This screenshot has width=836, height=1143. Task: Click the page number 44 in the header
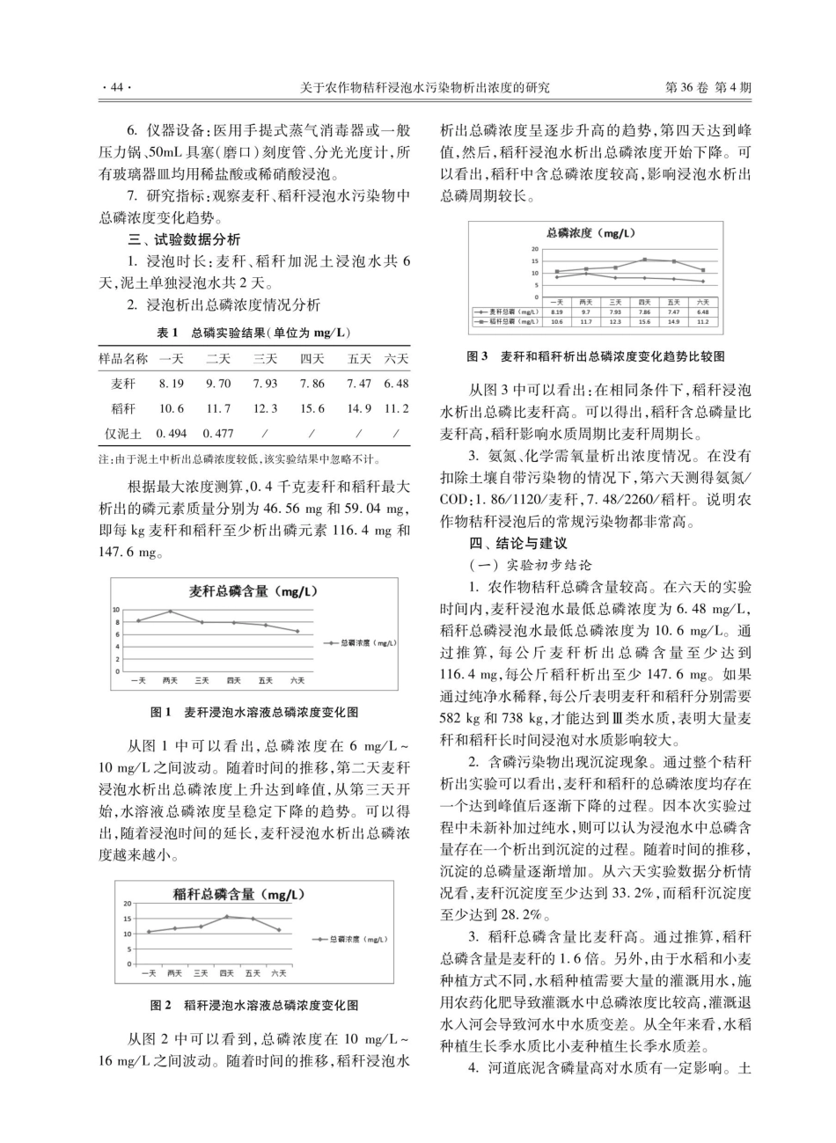116,88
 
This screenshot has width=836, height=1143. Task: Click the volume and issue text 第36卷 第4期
709,88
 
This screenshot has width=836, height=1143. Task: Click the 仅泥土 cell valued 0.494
172,433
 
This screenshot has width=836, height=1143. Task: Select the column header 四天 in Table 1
312,359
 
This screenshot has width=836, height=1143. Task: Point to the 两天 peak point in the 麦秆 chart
170,612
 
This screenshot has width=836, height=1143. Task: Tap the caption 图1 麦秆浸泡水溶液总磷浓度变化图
254,711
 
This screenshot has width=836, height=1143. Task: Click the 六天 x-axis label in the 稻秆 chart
278,972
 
